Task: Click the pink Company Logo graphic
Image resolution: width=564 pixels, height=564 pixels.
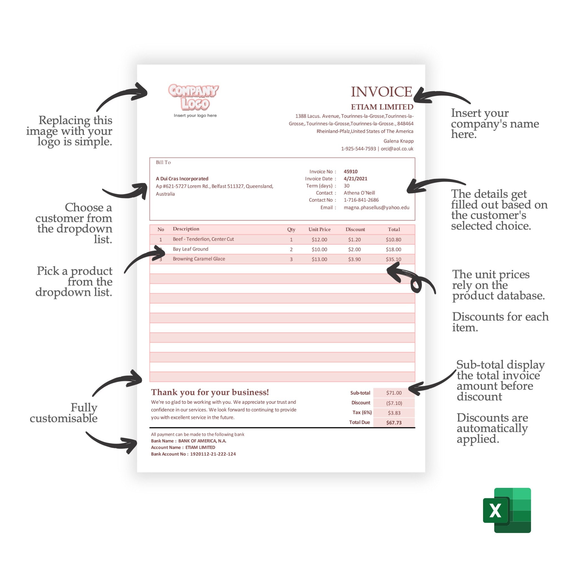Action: pos(193,97)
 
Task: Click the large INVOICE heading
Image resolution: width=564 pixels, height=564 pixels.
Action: pos(381,92)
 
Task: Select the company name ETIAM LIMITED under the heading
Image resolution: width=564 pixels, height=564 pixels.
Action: pos(382,107)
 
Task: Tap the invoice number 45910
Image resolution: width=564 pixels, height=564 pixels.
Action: pos(350,172)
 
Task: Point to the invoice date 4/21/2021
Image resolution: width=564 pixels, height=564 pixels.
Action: pos(355,179)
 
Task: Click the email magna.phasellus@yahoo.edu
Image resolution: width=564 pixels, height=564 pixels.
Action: pos(376,208)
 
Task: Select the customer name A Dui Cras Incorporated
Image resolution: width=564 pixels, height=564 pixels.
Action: pos(182,179)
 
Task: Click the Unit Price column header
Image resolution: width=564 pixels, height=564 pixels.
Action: pos(320,230)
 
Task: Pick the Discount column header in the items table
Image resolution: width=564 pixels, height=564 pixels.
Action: pos(355,230)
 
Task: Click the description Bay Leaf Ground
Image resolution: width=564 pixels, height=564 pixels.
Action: pos(190,249)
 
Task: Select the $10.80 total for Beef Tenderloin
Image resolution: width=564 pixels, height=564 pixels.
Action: pos(393,240)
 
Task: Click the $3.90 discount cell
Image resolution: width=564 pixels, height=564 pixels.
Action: pos(354,259)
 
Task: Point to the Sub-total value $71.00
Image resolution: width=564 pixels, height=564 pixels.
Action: pos(393,393)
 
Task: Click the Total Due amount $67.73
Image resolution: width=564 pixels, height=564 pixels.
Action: pos(393,423)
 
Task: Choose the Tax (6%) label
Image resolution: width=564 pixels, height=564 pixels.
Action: pos(362,413)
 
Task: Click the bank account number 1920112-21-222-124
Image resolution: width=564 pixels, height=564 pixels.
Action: pos(213,454)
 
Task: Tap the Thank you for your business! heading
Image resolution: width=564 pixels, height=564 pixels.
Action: pos(210,392)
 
